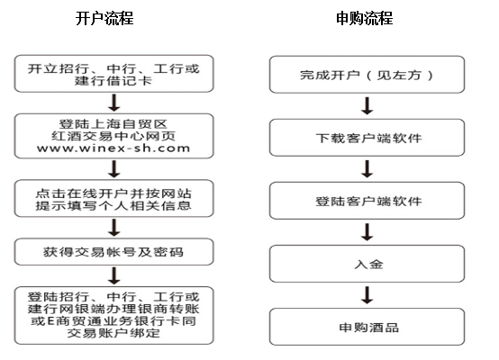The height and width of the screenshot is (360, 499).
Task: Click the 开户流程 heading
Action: pyautogui.click(x=104, y=18)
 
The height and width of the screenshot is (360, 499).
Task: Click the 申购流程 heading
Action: pyautogui.click(x=365, y=18)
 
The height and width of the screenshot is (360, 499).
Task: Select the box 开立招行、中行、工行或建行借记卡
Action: pyautogui.click(x=113, y=74)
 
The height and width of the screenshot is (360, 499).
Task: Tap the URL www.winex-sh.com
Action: pyautogui.click(x=113, y=148)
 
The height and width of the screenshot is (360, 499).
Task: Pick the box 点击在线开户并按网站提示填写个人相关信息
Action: pyautogui.click(x=113, y=198)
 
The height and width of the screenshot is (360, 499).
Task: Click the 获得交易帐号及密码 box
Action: pyautogui.click(x=113, y=252)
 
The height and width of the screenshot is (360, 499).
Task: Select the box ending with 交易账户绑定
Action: pyautogui.click(x=113, y=316)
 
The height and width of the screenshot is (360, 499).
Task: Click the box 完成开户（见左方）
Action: pyautogui.click(x=367, y=75)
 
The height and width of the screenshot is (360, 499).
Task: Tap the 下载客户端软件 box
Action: pyautogui.click(x=367, y=138)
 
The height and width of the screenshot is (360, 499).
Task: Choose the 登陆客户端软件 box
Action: pyautogui.click(x=367, y=201)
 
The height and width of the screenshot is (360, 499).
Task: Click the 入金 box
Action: pyautogui.click(x=367, y=264)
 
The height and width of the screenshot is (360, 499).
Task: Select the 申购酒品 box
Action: pyautogui.click(x=367, y=327)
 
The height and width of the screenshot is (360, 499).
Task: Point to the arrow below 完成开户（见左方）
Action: pyautogui.click(x=367, y=106)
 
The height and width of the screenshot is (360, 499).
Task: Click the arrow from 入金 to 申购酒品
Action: pyautogui.click(x=367, y=295)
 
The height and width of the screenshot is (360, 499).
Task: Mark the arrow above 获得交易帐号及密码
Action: pyautogui.click(x=114, y=228)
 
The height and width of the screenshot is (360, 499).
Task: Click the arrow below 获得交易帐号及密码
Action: pyautogui.click(x=114, y=275)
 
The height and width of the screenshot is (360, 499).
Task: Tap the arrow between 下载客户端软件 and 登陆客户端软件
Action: pyautogui.click(x=367, y=169)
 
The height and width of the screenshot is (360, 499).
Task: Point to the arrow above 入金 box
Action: pyautogui.click(x=367, y=232)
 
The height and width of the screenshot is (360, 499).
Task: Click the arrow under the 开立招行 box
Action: pyautogui.click(x=114, y=103)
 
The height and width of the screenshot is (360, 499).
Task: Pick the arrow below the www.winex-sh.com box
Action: pyautogui.click(x=114, y=169)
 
